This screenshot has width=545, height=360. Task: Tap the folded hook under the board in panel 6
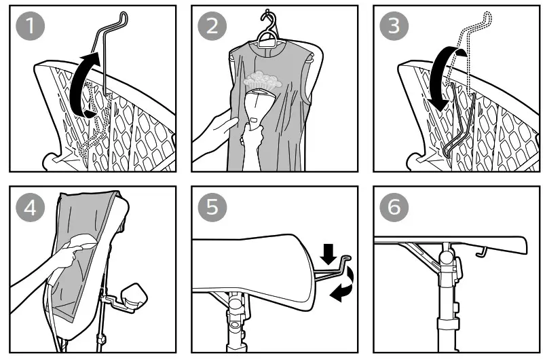(x=481, y=253)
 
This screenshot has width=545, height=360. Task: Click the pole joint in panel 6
(x=447, y=259)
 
